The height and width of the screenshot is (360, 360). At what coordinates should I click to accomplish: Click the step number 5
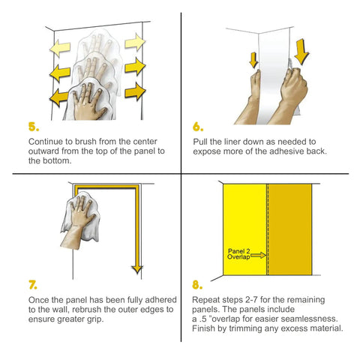click(34, 127)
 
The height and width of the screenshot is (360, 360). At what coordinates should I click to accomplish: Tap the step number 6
click(198, 127)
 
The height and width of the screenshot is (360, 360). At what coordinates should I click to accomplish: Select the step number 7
click(33, 285)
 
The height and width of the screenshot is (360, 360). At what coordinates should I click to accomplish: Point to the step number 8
click(197, 285)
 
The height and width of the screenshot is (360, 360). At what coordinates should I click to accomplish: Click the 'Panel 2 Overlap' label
click(238, 254)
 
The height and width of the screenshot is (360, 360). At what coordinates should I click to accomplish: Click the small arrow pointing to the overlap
click(258, 255)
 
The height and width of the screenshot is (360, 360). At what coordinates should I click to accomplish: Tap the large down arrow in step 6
click(301, 52)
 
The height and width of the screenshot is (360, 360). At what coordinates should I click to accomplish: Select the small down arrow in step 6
click(253, 60)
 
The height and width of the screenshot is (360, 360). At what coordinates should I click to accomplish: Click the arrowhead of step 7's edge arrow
click(137, 269)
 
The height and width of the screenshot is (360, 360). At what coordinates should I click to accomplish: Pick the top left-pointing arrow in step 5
click(60, 47)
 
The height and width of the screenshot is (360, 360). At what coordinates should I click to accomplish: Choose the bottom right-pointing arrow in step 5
click(135, 91)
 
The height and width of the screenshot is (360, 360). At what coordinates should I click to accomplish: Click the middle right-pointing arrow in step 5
click(135, 66)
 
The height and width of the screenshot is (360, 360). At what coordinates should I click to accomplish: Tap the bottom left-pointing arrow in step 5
click(59, 97)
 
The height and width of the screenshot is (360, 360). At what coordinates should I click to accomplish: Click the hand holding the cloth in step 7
click(79, 223)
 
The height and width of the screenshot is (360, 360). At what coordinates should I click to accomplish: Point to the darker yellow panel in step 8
click(289, 229)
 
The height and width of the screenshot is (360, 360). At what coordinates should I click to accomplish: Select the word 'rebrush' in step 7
click(87, 309)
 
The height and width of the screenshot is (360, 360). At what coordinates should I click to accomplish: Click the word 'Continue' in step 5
click(46, 142)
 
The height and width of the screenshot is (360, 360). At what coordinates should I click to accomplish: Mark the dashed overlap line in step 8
click(268, 229)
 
